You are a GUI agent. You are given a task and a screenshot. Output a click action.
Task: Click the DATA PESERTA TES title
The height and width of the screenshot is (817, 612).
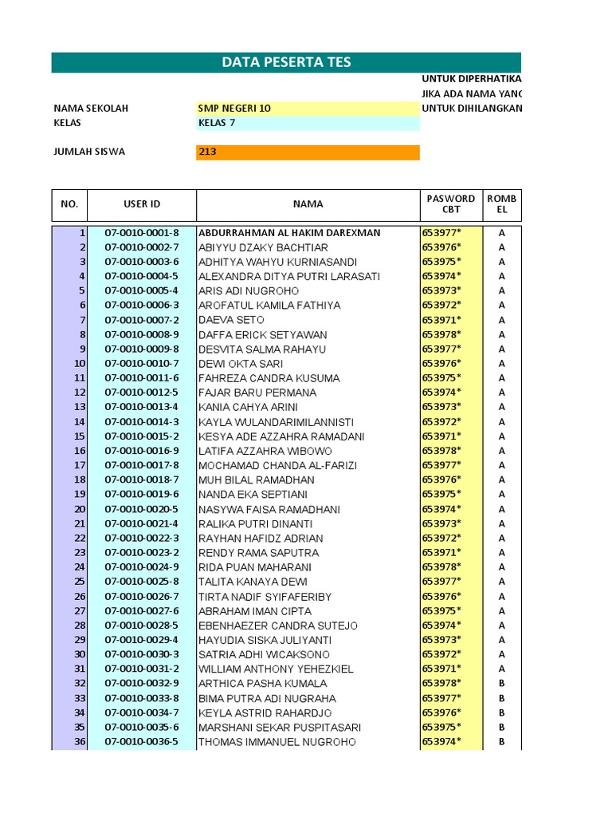pos(286,63)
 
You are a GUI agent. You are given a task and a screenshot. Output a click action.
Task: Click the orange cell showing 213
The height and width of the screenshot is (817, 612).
pos(308,152)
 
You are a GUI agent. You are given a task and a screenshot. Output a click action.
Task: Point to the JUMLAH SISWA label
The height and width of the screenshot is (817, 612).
pos(89,152)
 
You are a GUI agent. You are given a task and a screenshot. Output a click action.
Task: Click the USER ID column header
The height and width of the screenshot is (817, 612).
pos(142,204)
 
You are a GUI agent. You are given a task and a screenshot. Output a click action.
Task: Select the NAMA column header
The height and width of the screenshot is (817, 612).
pos(308,204)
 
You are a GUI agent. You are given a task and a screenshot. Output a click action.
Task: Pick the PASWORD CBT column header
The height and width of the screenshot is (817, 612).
pos(451,204)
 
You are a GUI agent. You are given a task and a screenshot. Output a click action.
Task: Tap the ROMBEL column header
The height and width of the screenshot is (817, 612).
pos(502,204)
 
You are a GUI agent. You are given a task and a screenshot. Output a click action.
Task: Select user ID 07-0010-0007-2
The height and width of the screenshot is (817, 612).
pos(142,320)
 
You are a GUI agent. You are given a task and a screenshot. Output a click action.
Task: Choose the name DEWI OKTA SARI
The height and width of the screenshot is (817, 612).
pos(241,364)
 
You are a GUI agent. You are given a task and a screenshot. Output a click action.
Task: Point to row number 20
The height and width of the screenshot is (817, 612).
pos(80,509)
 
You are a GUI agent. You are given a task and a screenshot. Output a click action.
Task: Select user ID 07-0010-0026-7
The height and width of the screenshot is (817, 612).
pos(142,597)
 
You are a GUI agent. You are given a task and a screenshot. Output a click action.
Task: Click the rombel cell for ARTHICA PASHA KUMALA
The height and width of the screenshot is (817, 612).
pos(502,684)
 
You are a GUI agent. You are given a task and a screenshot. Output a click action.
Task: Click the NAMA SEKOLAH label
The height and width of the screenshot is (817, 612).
pos(91,108)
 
